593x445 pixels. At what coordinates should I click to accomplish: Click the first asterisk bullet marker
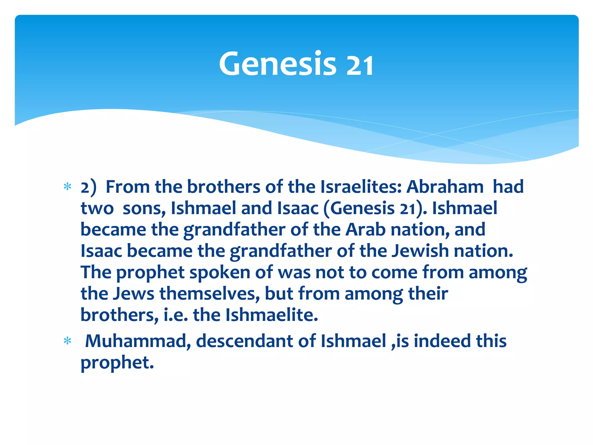tap(67, 187)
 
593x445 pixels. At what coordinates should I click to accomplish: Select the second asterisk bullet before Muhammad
tap(67, 341)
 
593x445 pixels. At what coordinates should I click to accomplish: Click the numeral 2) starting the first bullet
tap(88, 187)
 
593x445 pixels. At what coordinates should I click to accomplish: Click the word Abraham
tap(445, 187)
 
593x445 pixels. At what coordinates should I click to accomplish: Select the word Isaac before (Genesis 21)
tap(298, 208)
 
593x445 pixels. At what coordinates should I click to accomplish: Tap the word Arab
tap(365, 229)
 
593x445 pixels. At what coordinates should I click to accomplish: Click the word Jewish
tap(420, 251)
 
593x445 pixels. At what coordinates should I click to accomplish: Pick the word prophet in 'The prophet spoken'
tap(150, 273)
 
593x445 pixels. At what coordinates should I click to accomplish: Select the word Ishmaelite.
tap(272, 315)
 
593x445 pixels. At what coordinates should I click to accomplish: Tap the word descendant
tap(245, 341)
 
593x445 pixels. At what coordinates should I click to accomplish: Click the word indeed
tap(442, 341)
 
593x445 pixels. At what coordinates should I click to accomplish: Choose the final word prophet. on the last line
tap(117, 363)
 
